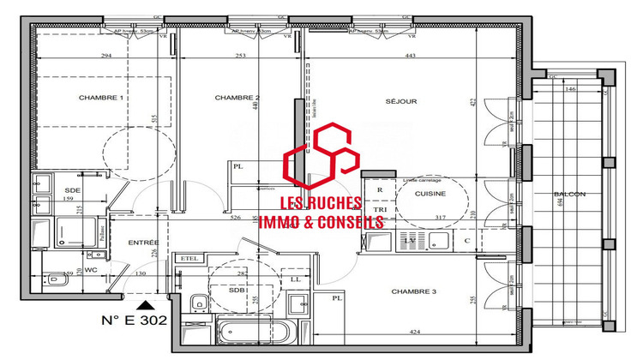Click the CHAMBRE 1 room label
[x=101, y=98]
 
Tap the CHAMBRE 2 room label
[x=237, y=98]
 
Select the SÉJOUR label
[x=400, y=101]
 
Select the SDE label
[x=72, y=189]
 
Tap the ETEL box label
[x=188, y=258]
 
